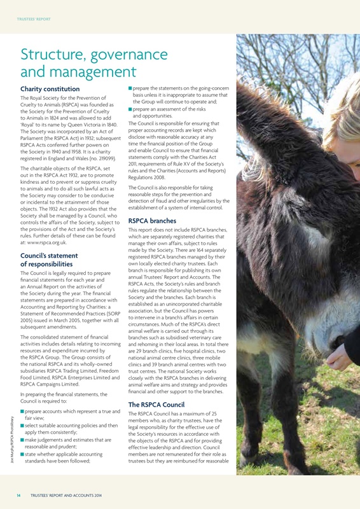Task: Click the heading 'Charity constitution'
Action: pyautogui.click(x=50, y=88)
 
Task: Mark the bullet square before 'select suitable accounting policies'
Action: pyautogui.click(x=22, y=425)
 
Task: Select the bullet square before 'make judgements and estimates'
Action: pyautogui.click(x=22, y=440)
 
